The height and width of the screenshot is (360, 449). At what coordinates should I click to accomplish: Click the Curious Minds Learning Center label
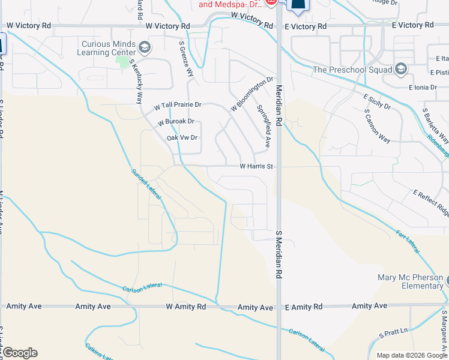click(x=106, y=47)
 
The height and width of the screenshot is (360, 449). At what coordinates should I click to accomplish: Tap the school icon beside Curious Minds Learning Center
click(x=144, y=47)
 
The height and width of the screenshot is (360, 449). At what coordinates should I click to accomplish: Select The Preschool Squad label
click(x=352, y=70)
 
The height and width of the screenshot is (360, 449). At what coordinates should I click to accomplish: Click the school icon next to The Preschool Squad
click(x=401, y=70)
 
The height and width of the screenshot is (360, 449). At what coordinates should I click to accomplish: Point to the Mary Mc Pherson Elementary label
click(x=410, y=281)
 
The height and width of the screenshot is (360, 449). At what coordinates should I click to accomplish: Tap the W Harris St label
click(x=256, y=166)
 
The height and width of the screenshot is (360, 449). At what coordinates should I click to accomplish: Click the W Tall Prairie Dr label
click(x=177, y=105)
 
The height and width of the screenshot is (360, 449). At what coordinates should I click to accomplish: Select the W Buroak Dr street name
click(x=176, y=122)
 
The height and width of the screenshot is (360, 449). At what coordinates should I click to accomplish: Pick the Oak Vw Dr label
click(x=182, y=137)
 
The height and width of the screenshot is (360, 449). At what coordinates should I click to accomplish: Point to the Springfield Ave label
click(x=264, y=127)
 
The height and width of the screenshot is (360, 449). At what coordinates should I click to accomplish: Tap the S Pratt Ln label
click(x=393, y=331)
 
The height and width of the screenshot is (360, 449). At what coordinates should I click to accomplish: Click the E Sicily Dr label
click(x=377, y=101)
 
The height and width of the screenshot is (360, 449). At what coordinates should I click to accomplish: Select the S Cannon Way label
click(x=377, y=127)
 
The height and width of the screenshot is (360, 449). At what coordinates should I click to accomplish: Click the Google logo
click(x=20, y=352)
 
